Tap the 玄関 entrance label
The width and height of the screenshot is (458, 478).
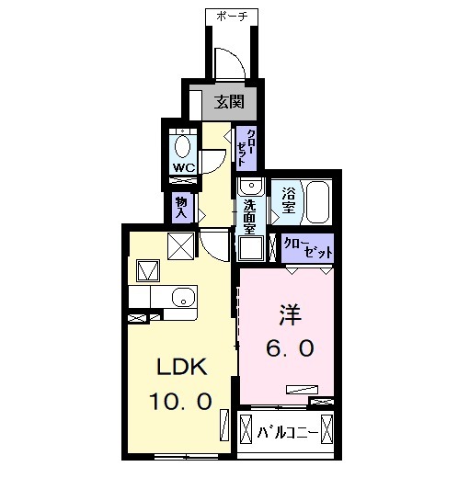[230, 102]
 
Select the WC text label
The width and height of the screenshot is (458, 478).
[183, 168]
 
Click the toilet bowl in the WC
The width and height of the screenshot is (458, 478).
[183, 146]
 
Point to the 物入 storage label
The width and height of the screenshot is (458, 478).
[181, 208]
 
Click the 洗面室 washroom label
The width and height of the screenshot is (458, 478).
[249, 214]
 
